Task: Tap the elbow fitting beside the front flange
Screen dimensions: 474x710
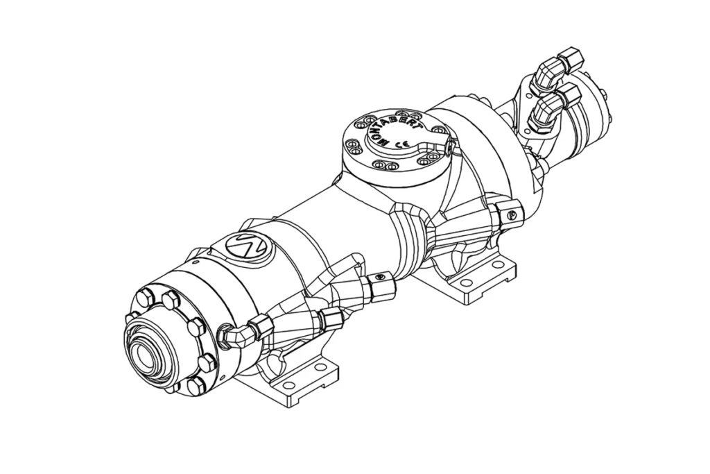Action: click(236, 336)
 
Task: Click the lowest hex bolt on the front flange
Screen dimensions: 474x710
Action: click(195, 386)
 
